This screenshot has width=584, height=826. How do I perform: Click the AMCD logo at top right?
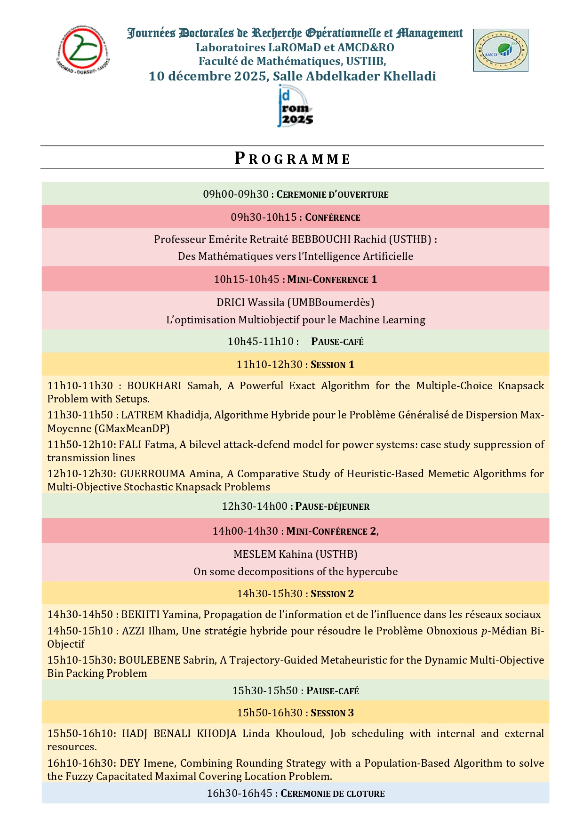(500, 50)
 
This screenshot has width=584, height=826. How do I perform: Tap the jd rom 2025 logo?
(294, 106)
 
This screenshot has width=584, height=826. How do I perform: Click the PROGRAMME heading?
(292, 158)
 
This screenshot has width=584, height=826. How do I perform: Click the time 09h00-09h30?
(235, 194)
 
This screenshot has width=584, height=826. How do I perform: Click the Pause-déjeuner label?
(332, 506)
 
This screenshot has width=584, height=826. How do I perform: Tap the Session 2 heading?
(332, 593)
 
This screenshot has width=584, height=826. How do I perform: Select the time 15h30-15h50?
(264, 690)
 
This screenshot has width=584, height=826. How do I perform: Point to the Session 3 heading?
(332, 713)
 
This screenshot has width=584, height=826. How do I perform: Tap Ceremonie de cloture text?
(333, 794)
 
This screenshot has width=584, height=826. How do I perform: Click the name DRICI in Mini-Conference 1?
(231, 302)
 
